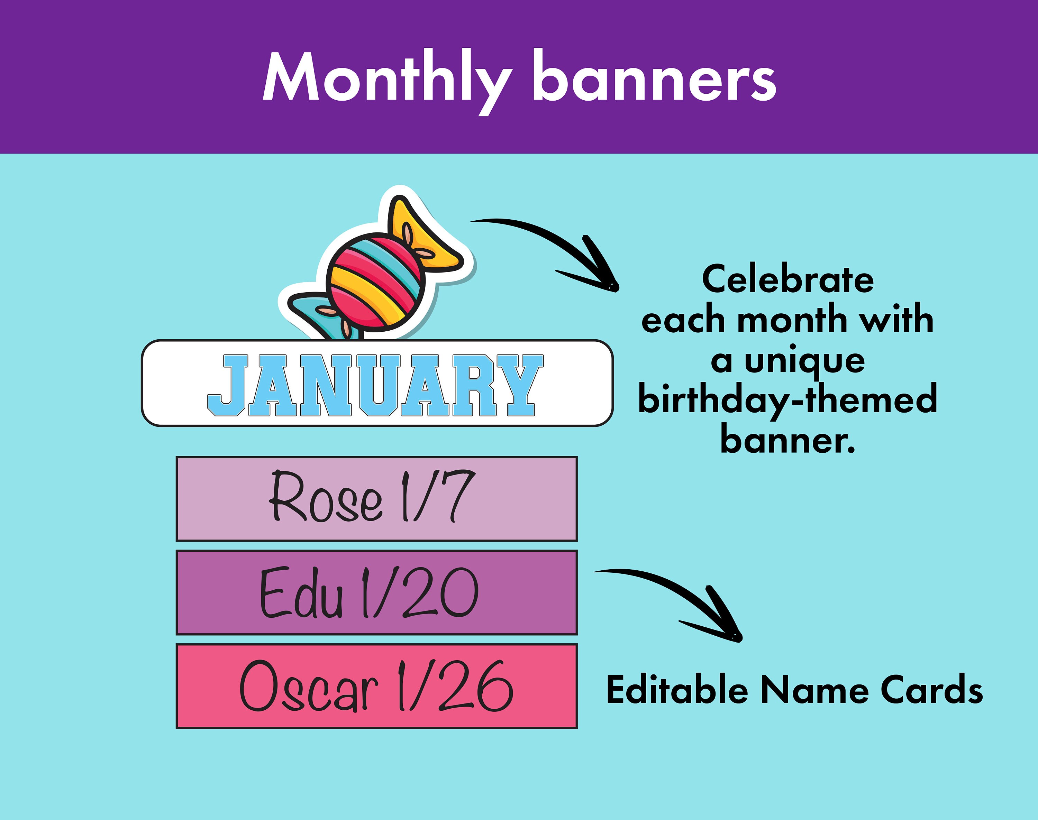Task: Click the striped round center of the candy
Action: coord(375,283)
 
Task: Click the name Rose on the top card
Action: coord(326,497)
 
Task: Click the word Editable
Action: coord(677,690)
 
